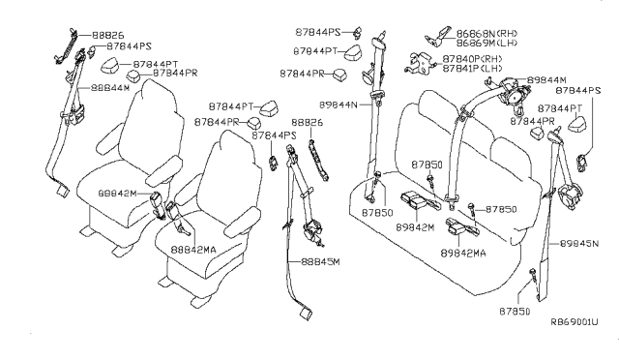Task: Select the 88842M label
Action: coord(119,193)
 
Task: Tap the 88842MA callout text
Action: coord(195,249)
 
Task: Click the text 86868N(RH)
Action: coord(486,32)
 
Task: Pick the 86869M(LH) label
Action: coord(486,44)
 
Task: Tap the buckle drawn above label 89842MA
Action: coord(458,228)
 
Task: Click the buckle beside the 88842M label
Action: coord(158,200)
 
